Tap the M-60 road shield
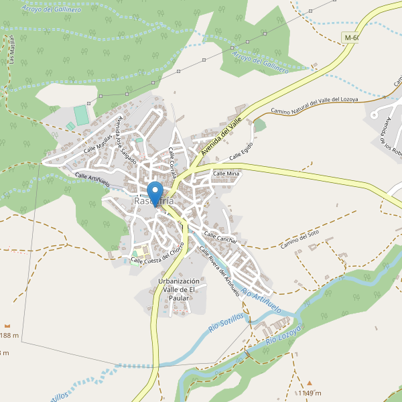click(x=350, y=38)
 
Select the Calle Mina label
click(x=226, y=174)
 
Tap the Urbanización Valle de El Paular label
click(x=179, y=289)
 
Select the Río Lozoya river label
click(x=285, y=333)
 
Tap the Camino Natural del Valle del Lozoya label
click(x=314, y=105)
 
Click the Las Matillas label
click(x=11, y=51)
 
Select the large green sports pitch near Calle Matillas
click(x=81, y=115)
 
